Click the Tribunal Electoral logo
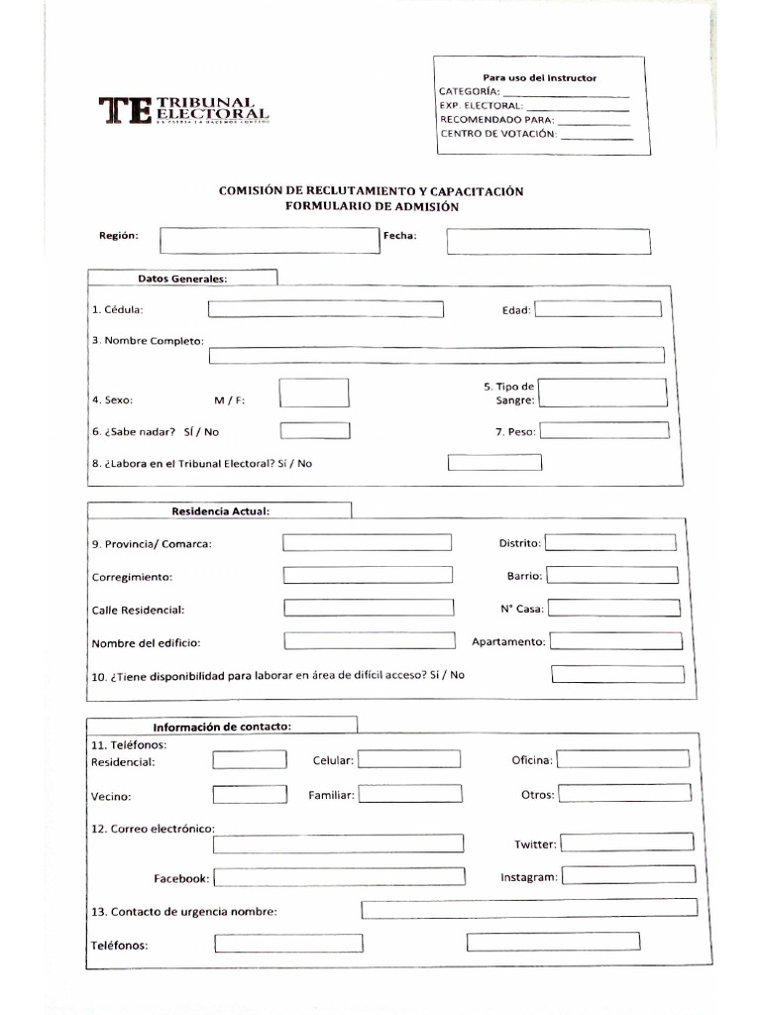pos(183,111)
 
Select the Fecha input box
pos(548,241)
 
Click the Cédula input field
pos(325,309)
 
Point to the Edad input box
pos(598,309)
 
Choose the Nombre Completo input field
pos(436,355)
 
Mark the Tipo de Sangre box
pos(604,393)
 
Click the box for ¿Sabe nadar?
pos(315,431)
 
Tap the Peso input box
pos(604,430)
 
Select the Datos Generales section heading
pos(182,279)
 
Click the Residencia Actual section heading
pos(220,510)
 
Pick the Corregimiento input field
pos(368,575)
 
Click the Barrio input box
pos(612,575)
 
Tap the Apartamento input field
pos(615,640)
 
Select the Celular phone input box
pos(409,759)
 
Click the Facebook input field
pos(339,877)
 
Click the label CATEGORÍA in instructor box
pos(470,91)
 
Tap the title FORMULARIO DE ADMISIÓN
pos(372,207)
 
